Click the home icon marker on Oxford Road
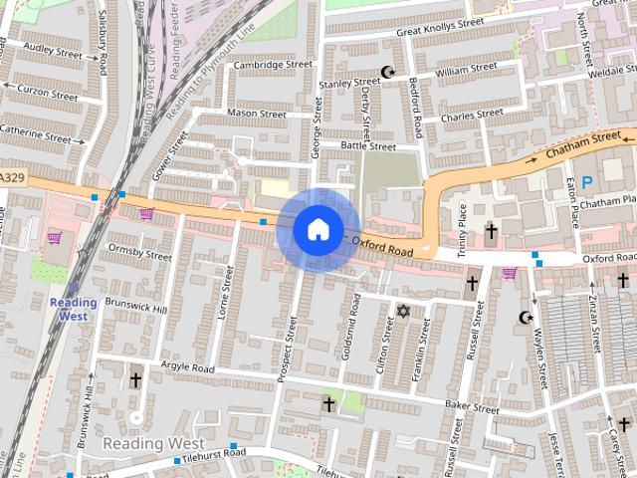click(x=318, y=229)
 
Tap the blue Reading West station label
click(x=74, y=309)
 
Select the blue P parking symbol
click(x=586, y=182)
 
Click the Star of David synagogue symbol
click(x=403, y=312)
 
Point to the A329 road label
click(x=12, y=177)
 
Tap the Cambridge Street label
click(x=273, y=65)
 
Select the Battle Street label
click(x=368, y=146)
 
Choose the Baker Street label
click(x=472, y=407)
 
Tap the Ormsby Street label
click(x=139, y=253)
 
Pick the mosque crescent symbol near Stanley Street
click(x=388, y=72)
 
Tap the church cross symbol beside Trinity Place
click(x=490, y=231)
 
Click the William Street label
click(x=466, y=69)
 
